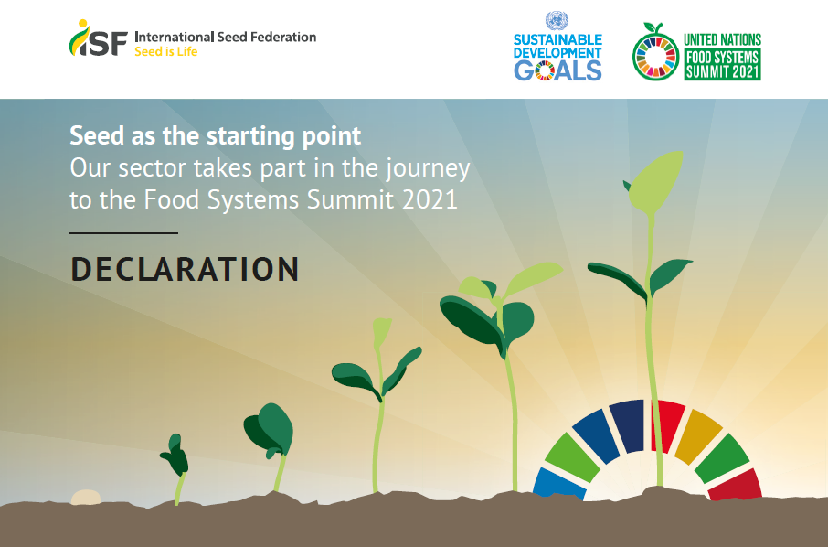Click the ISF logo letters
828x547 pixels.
99,38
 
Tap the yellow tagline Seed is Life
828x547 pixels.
165,52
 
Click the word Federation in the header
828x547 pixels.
283,37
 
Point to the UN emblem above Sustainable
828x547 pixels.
557,21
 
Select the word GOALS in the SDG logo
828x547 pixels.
557,70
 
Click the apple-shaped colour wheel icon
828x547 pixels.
655,52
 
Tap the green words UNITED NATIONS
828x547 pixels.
722,39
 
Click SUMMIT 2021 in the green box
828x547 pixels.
722,71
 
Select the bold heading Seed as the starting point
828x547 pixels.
216,135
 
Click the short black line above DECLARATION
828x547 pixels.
123,232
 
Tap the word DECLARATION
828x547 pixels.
185,269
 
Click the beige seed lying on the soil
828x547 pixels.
86,497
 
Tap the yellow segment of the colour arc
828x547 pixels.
698,436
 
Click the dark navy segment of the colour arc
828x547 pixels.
628,426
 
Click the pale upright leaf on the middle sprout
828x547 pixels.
381,332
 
